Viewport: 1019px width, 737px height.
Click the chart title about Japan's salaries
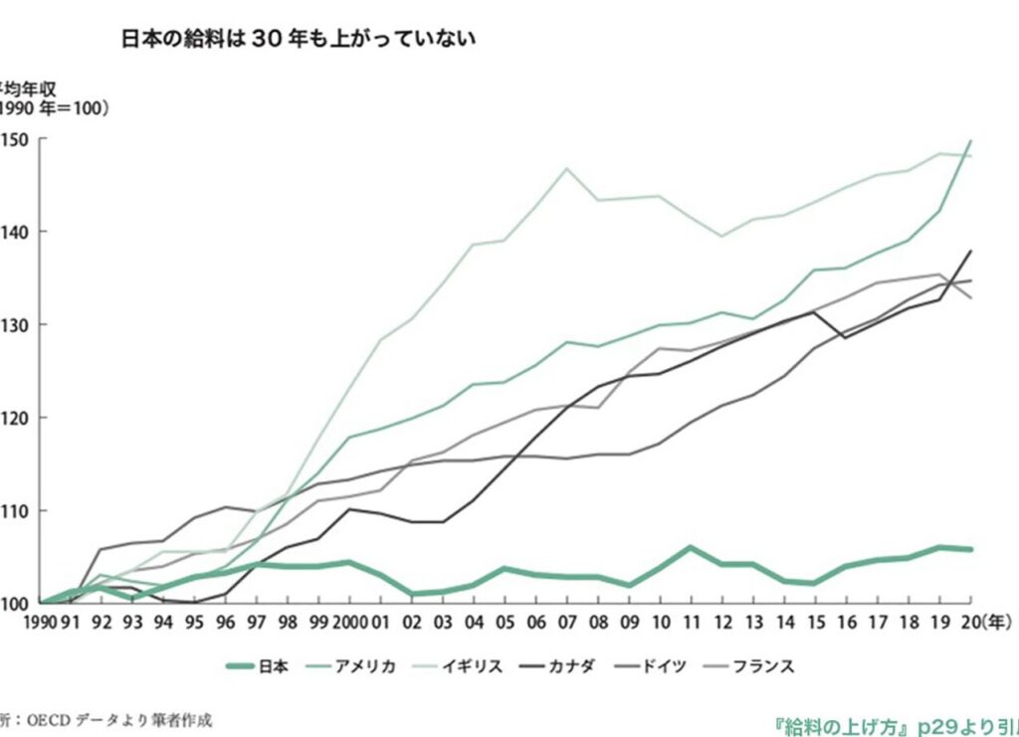(299, 39)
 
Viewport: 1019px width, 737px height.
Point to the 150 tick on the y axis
(17, 139)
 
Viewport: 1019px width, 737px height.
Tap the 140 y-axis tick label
(17, 232)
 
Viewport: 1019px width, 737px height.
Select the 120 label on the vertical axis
(17, 418)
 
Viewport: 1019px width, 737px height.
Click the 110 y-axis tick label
(17, 510)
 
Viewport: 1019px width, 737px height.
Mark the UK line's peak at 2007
(567, 168)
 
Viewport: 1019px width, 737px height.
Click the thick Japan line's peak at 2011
(691, 547)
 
